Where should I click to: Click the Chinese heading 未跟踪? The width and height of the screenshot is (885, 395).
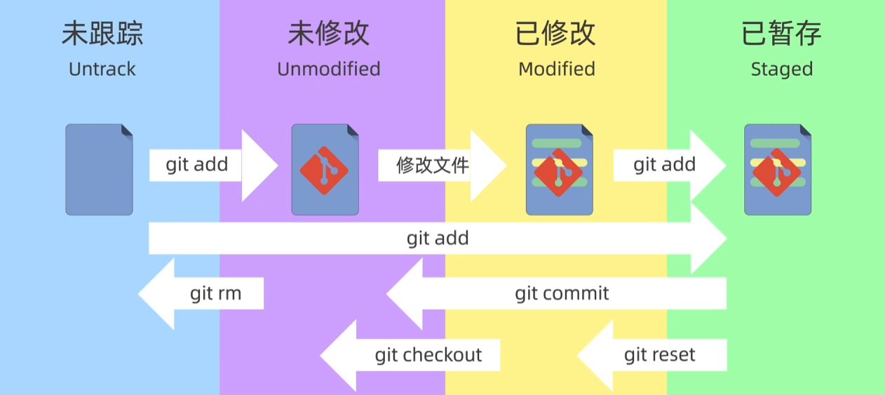pyautogui.click(x=102, y=34)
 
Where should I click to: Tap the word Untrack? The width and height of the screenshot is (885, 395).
pyautogui.click(x=102, y=69)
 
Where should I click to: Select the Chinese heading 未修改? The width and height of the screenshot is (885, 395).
pyautogui.click(x=329, y=34)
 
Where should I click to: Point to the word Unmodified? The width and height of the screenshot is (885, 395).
pyautogui.click(x=329, y=69)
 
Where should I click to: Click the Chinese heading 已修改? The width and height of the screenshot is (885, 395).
pyautogui.click(x=555, y=34)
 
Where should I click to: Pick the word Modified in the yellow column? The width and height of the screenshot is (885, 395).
pyautogui.click(x=557, y=69)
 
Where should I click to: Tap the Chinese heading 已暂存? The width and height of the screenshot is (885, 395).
pyautogui.click(x=781, y=34)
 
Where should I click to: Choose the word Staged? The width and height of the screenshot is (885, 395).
pyautogui.click(x=782, y=70)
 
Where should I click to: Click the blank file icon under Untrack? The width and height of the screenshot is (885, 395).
pyautogui.click(x=99, y=170)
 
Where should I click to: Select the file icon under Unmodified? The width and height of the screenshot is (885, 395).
pyautogui.click(x=325, y=170)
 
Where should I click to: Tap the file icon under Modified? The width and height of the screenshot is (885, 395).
pyautogui.click(x=560, y=170)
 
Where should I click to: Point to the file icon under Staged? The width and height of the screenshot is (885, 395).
pyautogui.click(x=778, y=170)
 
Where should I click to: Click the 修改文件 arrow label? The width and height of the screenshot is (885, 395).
pyautogui.click(x=433, y=166)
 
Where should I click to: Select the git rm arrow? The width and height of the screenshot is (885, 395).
pyautogui.click(x=201, y=294)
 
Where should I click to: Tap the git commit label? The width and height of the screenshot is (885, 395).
pyautogui.click(x=562, y=293)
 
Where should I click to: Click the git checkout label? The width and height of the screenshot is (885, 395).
pyautogui.click(x=428, y=355)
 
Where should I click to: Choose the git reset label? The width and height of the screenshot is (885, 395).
pyautogui.click(x=659, y=355)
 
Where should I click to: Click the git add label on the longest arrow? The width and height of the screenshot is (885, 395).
pyautogui.click(x=438, y=239)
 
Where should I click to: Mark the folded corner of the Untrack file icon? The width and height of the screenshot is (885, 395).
pyautogui.click(x=127, y=130)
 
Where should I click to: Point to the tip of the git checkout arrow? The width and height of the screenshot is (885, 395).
pyautogui.click(x=320, y=355)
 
